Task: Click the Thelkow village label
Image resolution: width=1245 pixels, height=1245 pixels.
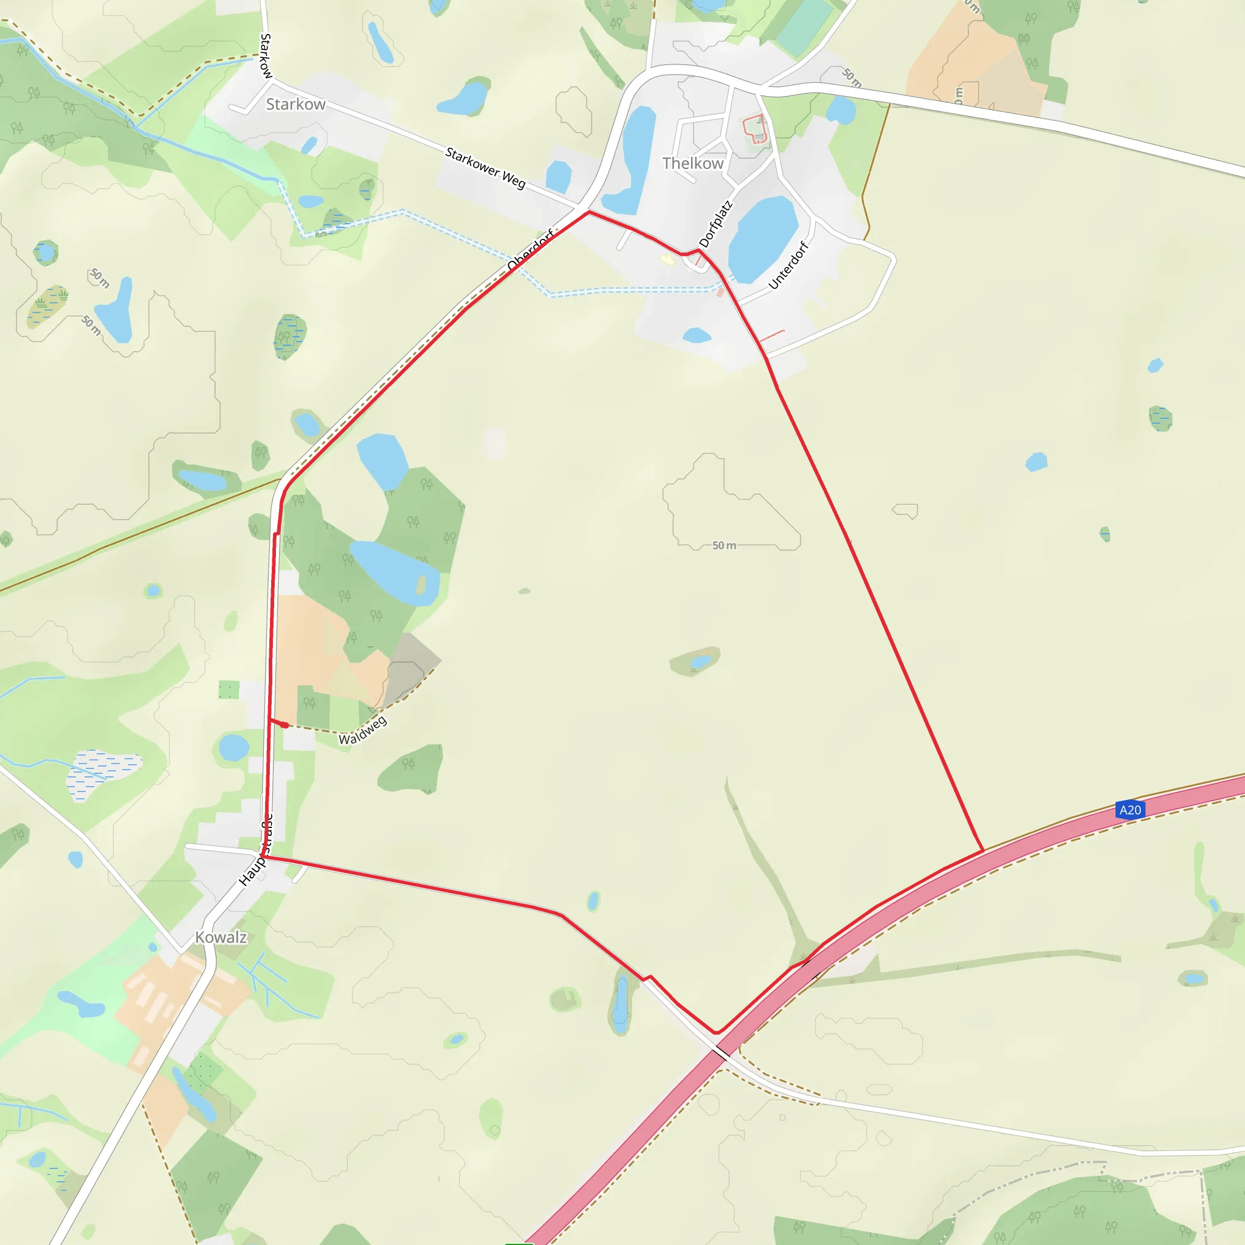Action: pyautogui.click(x=693, y=164)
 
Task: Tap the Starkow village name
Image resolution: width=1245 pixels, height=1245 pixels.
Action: pyautogui.click(x=296, y=105)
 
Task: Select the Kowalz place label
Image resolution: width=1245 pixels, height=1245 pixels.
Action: pyautogui.click(x=221, y=937)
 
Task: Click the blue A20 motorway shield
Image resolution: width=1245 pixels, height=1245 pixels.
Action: pyautogui.click(x=1130, y=810)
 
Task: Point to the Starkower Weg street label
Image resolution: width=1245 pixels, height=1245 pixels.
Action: pyautogui.click(x=485, y=168)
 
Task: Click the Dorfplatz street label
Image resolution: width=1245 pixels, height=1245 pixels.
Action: pyautogui.click(x=716, y=224)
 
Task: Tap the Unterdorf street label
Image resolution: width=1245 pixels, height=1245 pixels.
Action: pyautogui.click(x=788, y=265)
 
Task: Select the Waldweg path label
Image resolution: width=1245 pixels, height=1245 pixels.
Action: pyautogui.click(x=363, y=730)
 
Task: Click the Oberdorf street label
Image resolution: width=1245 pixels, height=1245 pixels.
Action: pyautogui.click(x=529, y=250)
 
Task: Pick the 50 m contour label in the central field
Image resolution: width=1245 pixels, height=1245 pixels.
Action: pyautogui.click(x=723, y=546)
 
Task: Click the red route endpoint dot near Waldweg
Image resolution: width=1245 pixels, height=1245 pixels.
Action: pyautogui.click(x=284, y=725)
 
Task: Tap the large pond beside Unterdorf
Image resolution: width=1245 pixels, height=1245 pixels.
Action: pyautogui.click(x=763, y=238)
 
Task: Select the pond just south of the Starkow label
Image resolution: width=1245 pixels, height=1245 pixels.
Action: pyautogui.click(x=310, y=145)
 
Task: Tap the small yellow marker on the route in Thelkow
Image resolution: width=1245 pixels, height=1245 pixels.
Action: pyautogui.click(x=667, y=260)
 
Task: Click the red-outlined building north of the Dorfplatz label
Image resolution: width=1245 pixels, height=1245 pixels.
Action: pyautogui.click(x=756, y=128)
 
